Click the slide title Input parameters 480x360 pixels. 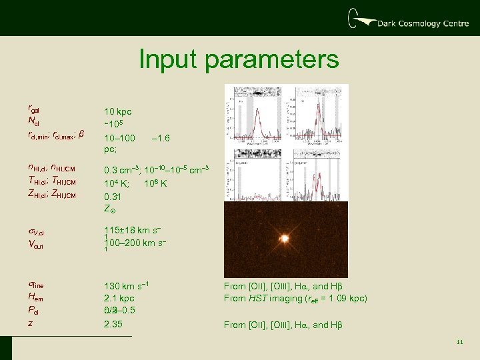click(x=239, y=60)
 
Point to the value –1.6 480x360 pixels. click(x=161, y=138)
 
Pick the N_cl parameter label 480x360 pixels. click(x=33, y=121)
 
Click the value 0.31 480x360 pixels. click(x=113, y=197)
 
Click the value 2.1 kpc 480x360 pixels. click(x=119, y=298)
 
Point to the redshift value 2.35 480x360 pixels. click(x=113, y=325)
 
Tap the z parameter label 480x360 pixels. click(x=30, y=323)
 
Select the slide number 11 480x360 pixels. click(x=460, y=343)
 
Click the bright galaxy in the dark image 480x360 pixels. click(x=284, y=238)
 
